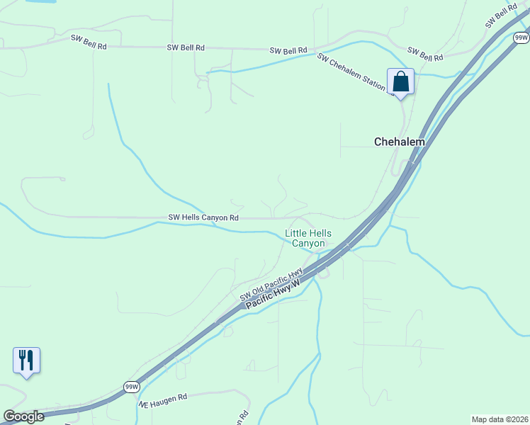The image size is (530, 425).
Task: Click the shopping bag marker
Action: click(x=400, y=81)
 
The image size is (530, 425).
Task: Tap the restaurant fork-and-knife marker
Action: click(x=26, y=360)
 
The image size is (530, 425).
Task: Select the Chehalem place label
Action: click(x=400, y=142)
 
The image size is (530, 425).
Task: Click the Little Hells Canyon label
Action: click(x=308, y=238)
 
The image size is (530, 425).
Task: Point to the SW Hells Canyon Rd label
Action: click(x=203, y=217)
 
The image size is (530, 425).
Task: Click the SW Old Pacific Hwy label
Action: click(x=271, y=284)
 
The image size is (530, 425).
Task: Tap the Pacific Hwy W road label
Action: click(x=274, y=293)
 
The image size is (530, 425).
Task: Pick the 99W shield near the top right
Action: click(x=521, y=37)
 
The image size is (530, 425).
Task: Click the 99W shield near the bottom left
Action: click(x=132, y=387)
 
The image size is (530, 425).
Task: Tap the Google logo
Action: click(x=23, y=416)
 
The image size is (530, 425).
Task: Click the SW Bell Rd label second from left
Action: click(x=186, y=47)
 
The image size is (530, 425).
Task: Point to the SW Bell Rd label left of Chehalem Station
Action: click(x=288, y=51)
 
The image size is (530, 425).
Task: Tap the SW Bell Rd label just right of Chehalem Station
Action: click(x=425, y=53)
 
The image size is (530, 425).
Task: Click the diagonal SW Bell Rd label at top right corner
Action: click(x=501, y=15)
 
